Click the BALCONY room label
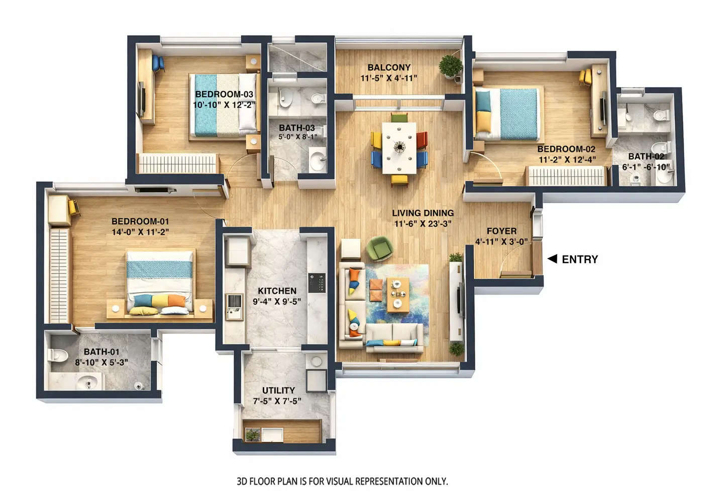(388, 67)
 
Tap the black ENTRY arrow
(552, 259)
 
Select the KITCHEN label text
(277, 291)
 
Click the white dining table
(399, 147)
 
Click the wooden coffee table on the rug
(397, 294)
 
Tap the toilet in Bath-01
(58, 355)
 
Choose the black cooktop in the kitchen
(317, 283)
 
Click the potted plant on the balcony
(451, 66)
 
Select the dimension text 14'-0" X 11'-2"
(140, 232)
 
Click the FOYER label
(501, 231)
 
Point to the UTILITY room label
(278, 390)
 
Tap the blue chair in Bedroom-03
(158, 63)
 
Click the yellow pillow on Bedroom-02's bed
(483, 120)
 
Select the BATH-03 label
(297, 128)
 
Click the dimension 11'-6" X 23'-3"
(423, 224)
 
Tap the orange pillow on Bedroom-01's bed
(176, 301)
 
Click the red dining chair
(422, 139)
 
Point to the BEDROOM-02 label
(566, 149)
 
